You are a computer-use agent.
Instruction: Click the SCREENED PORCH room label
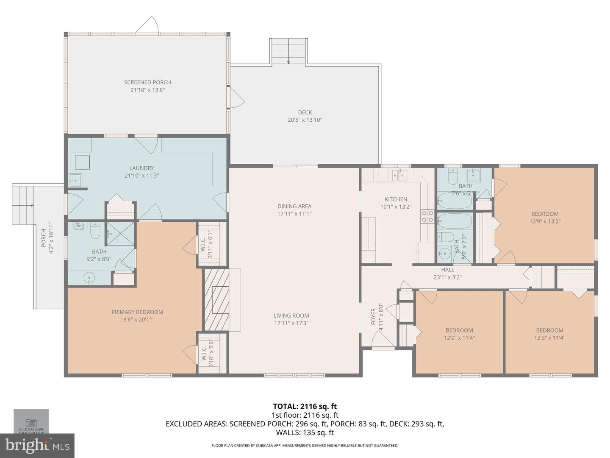coord(147,82)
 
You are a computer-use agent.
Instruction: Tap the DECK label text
coord(305,112)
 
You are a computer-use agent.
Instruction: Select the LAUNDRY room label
coord(141,168)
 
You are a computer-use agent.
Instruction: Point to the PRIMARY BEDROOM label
coord(137,312)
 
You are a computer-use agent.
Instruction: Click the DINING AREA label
coord(294,207)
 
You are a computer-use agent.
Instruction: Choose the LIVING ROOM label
coord(291,316)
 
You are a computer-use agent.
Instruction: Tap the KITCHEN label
coord(396,199)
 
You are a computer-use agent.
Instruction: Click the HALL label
coord(447,270)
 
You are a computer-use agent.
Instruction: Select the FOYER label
coord(373,316)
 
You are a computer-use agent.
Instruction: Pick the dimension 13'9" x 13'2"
coord(545,221)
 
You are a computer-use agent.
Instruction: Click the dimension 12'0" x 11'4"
coord(459,338)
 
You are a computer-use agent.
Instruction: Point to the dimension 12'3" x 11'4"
coord(549,338)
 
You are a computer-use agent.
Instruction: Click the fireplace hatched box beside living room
coord(216,300)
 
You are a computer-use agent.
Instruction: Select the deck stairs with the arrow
coord(288,51)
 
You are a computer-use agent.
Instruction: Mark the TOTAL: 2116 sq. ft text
coord(305,407)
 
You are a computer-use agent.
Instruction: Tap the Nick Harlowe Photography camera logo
coord(31,422)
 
